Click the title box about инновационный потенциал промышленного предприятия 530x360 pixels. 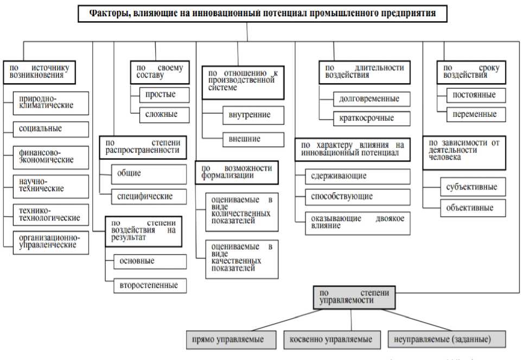point(263,14)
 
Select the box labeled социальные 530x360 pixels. point(49,129)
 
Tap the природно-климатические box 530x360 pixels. point(49,101)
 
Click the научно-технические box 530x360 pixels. point(49,185)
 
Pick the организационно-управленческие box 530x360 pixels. point(49,241)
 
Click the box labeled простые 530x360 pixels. point(160,94)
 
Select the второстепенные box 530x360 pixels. point(149,285)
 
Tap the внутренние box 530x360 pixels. point(253,115)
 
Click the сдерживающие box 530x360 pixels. point(353,176)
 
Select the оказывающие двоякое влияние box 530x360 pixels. point(353,222)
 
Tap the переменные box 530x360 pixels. point(471,115)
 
